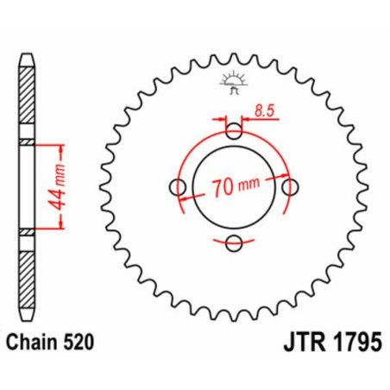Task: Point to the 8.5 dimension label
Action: [x=267, y=110]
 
